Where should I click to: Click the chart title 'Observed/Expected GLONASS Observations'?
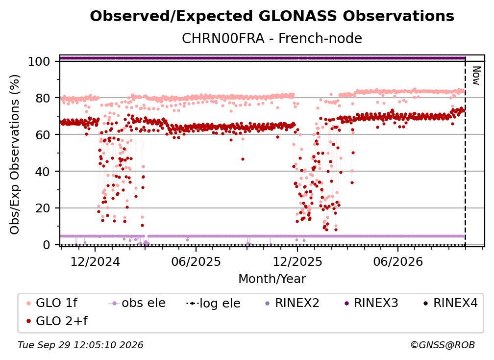272,16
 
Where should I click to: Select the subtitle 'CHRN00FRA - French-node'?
272,38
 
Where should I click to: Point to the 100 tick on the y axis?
39,61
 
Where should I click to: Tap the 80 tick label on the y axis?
43,98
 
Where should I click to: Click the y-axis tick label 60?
43,134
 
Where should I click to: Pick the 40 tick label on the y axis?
43,172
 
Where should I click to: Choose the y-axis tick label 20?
43,208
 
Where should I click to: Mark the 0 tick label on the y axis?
47,245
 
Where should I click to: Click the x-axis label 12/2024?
95,261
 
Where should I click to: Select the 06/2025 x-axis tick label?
196,261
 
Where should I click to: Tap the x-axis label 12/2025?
297,261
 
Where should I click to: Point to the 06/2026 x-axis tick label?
398,261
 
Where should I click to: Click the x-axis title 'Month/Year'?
272,279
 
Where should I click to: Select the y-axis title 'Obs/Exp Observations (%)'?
15,154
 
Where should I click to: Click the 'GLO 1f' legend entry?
52,303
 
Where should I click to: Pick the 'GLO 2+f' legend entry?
57,321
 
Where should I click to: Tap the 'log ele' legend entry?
213,303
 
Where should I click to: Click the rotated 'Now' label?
476,76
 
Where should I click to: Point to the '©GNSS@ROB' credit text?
443,345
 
